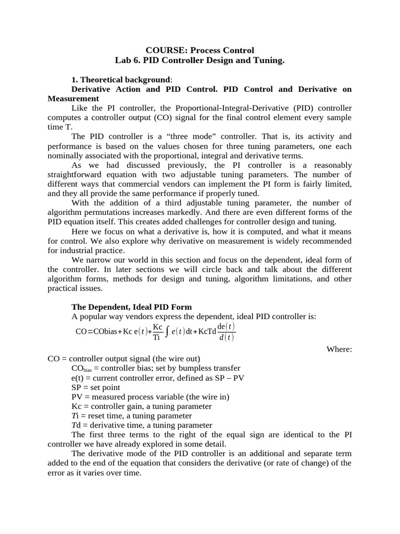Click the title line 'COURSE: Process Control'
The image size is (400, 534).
pos(200,51)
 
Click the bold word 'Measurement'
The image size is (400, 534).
pos(73,99)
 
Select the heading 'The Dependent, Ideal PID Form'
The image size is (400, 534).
pos(131,307)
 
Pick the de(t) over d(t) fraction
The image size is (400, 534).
pos(226,332)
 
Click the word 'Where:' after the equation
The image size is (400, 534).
pos(339,349)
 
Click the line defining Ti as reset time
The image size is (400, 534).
pos(132,416)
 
